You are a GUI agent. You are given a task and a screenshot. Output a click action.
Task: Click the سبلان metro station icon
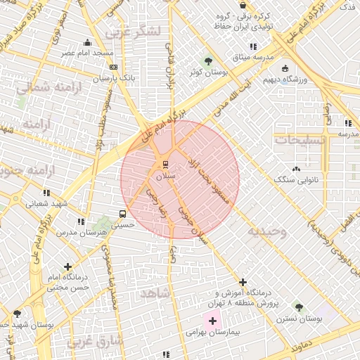tap(165, 164)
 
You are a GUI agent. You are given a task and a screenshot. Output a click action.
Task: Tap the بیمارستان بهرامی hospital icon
tap(213, 321)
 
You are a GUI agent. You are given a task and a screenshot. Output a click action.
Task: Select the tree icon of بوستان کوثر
tap(207, 60)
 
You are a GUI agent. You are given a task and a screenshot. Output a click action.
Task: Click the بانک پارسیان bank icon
tap(114, 67)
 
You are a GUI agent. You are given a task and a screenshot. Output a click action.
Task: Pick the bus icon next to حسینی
tap(123, 214)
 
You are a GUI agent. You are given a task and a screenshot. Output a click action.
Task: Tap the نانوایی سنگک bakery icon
tap(296, 169)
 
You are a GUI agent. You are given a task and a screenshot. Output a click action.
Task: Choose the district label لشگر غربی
tap(134, 32)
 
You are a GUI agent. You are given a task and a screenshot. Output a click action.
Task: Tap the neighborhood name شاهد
tap(155, 292)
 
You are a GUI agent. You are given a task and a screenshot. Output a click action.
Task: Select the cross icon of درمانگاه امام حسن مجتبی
tap(67, 266)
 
